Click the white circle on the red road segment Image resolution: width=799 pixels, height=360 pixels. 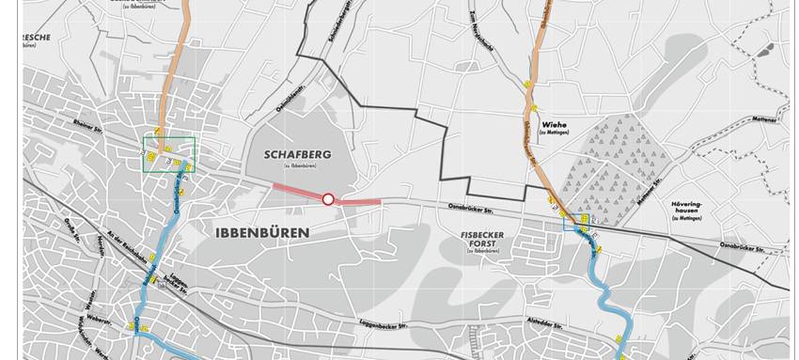click(328, 198)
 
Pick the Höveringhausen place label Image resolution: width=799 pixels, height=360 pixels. click(688, 208)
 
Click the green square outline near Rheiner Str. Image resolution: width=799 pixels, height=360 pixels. click(168, 155)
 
